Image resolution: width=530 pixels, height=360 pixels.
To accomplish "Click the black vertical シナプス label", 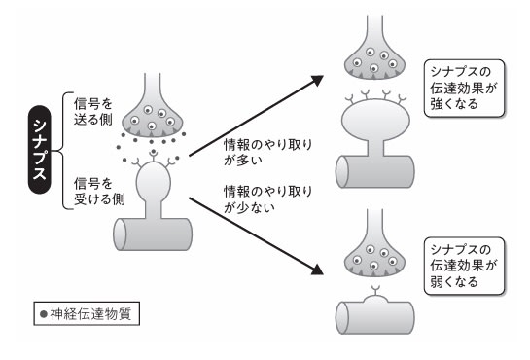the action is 40,150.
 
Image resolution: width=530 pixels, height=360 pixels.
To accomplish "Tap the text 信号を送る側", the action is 93,111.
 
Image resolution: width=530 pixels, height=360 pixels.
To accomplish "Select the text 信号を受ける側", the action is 99,192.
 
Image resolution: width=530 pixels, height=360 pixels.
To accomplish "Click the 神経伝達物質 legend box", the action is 87,313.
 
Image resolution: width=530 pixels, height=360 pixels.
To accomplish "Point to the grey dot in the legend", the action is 43,314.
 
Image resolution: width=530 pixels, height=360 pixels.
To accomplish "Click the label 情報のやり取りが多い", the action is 267,153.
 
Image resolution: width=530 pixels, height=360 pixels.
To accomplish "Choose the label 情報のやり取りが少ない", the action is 267,199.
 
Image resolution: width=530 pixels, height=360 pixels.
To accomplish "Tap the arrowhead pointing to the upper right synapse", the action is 317,80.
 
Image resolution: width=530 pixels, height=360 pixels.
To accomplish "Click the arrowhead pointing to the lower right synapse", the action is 317,269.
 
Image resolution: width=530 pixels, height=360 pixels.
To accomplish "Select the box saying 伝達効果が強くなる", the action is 464,89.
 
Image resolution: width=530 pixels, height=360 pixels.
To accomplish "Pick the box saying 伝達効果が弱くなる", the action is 464,266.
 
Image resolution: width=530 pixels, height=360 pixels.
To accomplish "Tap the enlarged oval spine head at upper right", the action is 375,121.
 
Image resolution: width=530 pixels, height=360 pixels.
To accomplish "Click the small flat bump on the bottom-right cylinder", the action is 375,299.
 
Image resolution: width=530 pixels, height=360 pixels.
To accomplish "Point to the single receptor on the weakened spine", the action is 374,290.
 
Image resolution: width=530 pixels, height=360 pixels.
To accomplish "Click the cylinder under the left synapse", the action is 153,234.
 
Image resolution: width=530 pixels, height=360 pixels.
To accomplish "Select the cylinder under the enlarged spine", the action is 375,171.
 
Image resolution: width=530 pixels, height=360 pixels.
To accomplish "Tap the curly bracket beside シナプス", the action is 63,151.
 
